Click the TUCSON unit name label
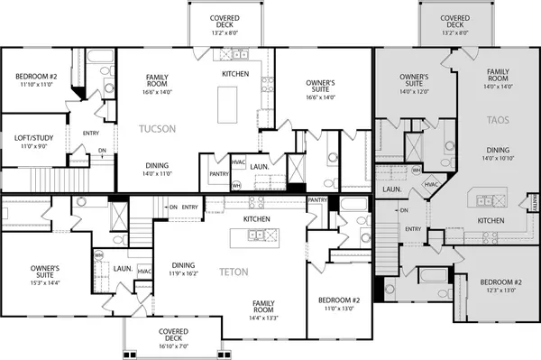(x=163, y=129)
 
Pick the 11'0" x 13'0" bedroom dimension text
(x=340, y=309)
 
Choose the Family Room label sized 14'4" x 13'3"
(x=263, y=307)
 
